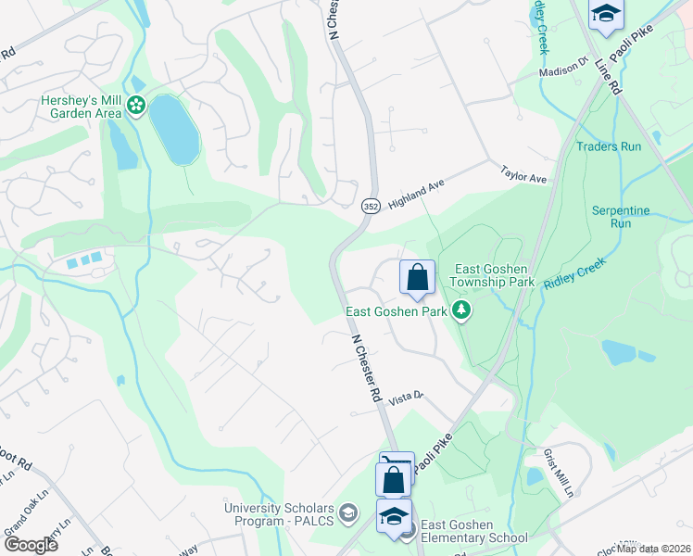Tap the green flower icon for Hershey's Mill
coord(137,107)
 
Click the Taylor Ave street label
coord(524,174)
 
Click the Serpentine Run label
coord(621,217)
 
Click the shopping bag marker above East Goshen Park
coord(417,277)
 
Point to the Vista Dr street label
coord(406,397)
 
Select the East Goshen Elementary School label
coord(474,531)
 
